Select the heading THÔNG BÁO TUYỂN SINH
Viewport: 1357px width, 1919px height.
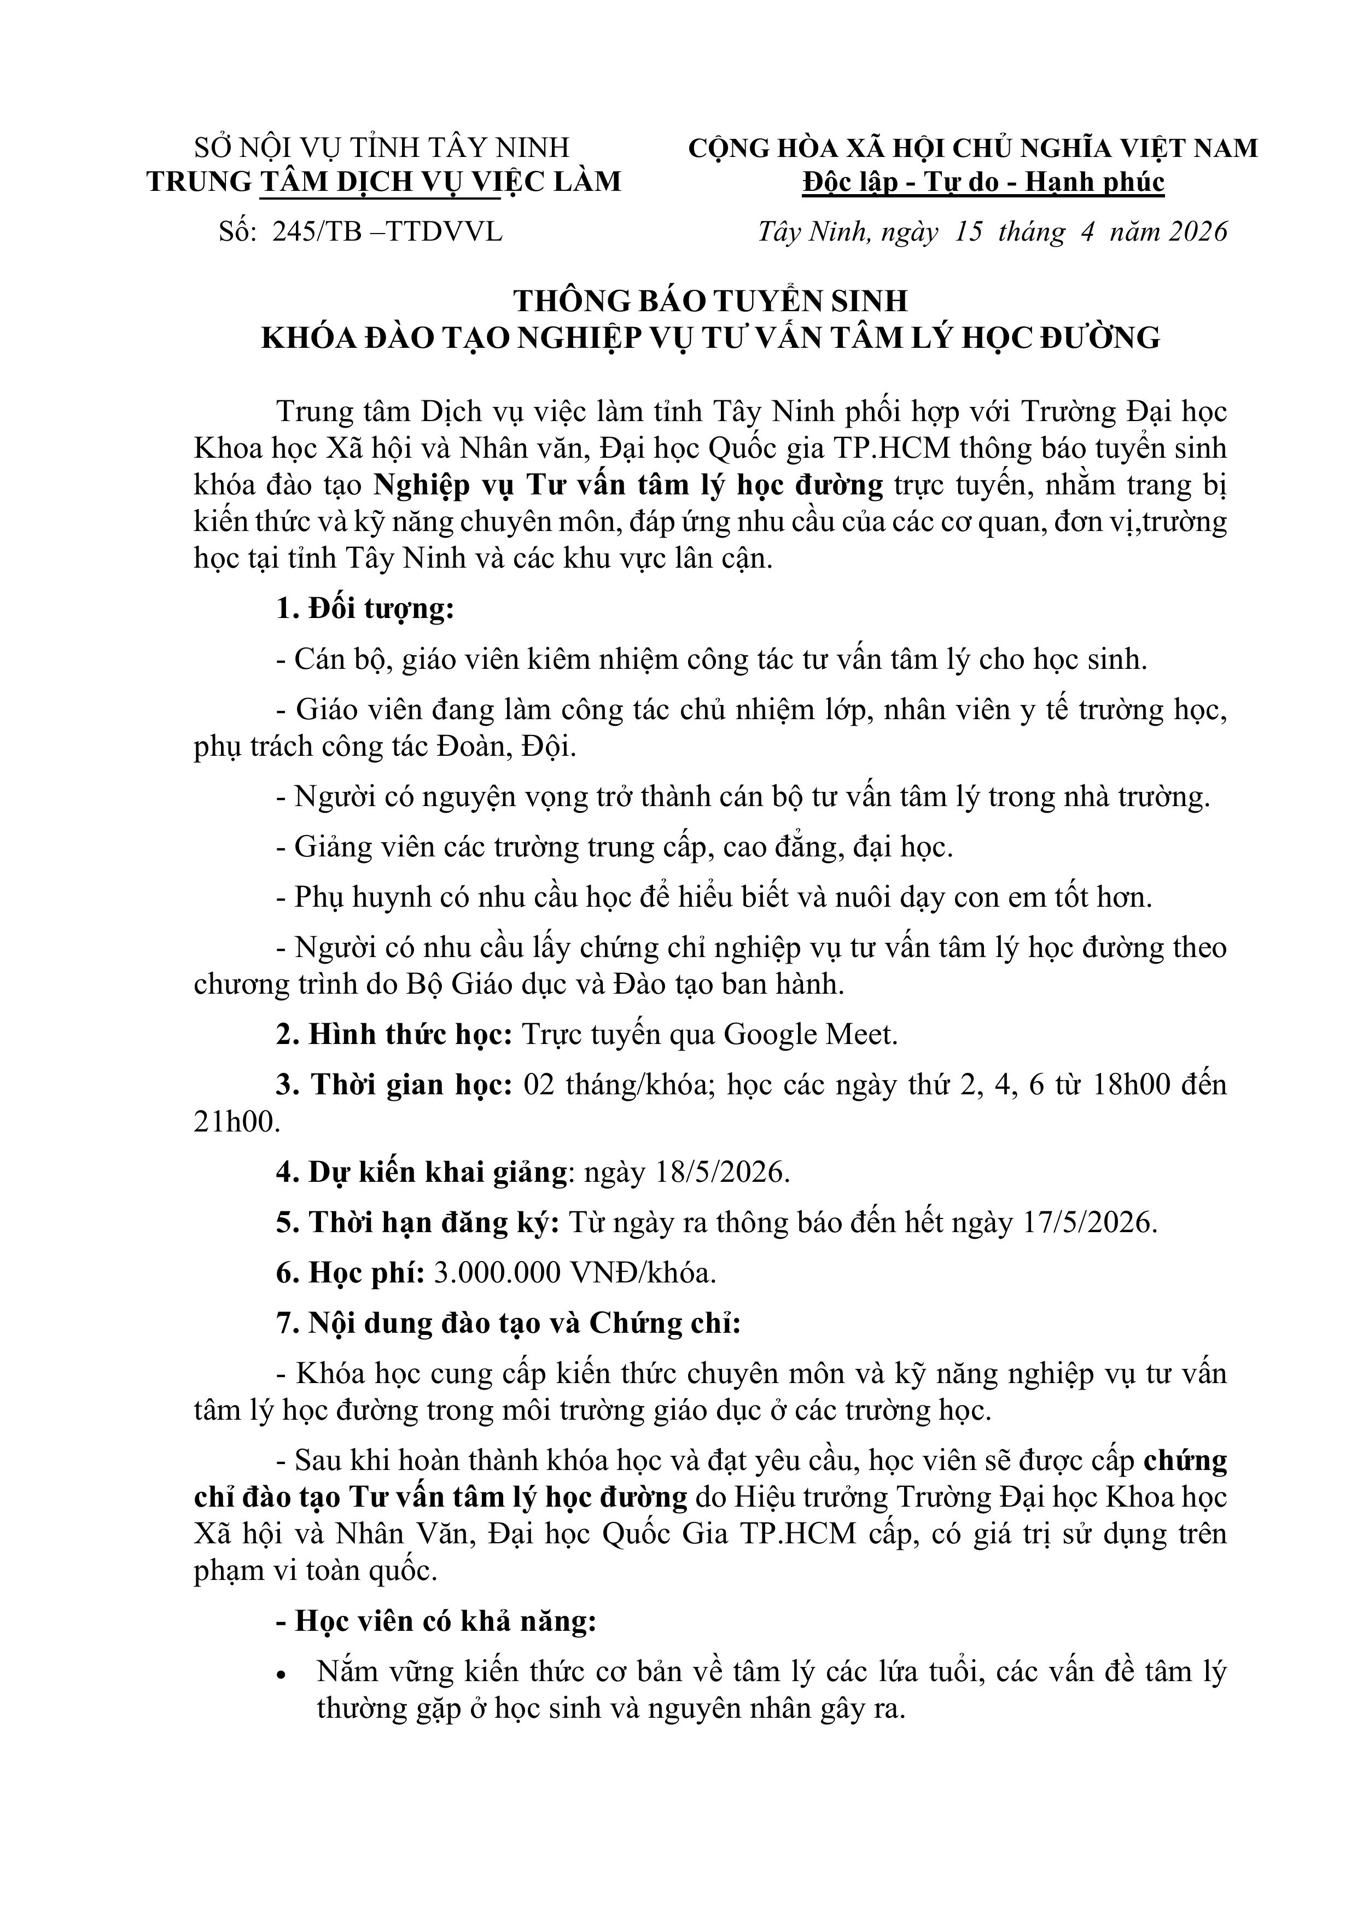click(x=710, y=301)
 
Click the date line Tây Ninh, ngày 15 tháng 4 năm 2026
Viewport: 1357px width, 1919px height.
click(x=992, y=231)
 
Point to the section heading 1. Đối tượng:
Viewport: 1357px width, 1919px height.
click(x=364, y=609)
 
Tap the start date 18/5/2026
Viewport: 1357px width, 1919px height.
click(x=685, y=1172)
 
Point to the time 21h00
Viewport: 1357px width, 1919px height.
click(x=235, y=1122)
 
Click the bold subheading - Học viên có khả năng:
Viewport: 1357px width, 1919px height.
click(x=436, y=1621)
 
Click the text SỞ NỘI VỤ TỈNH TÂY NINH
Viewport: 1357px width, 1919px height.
click(x=381, y=148)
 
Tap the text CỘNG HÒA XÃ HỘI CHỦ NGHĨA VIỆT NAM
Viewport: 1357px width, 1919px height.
click(x=972, y=148)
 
